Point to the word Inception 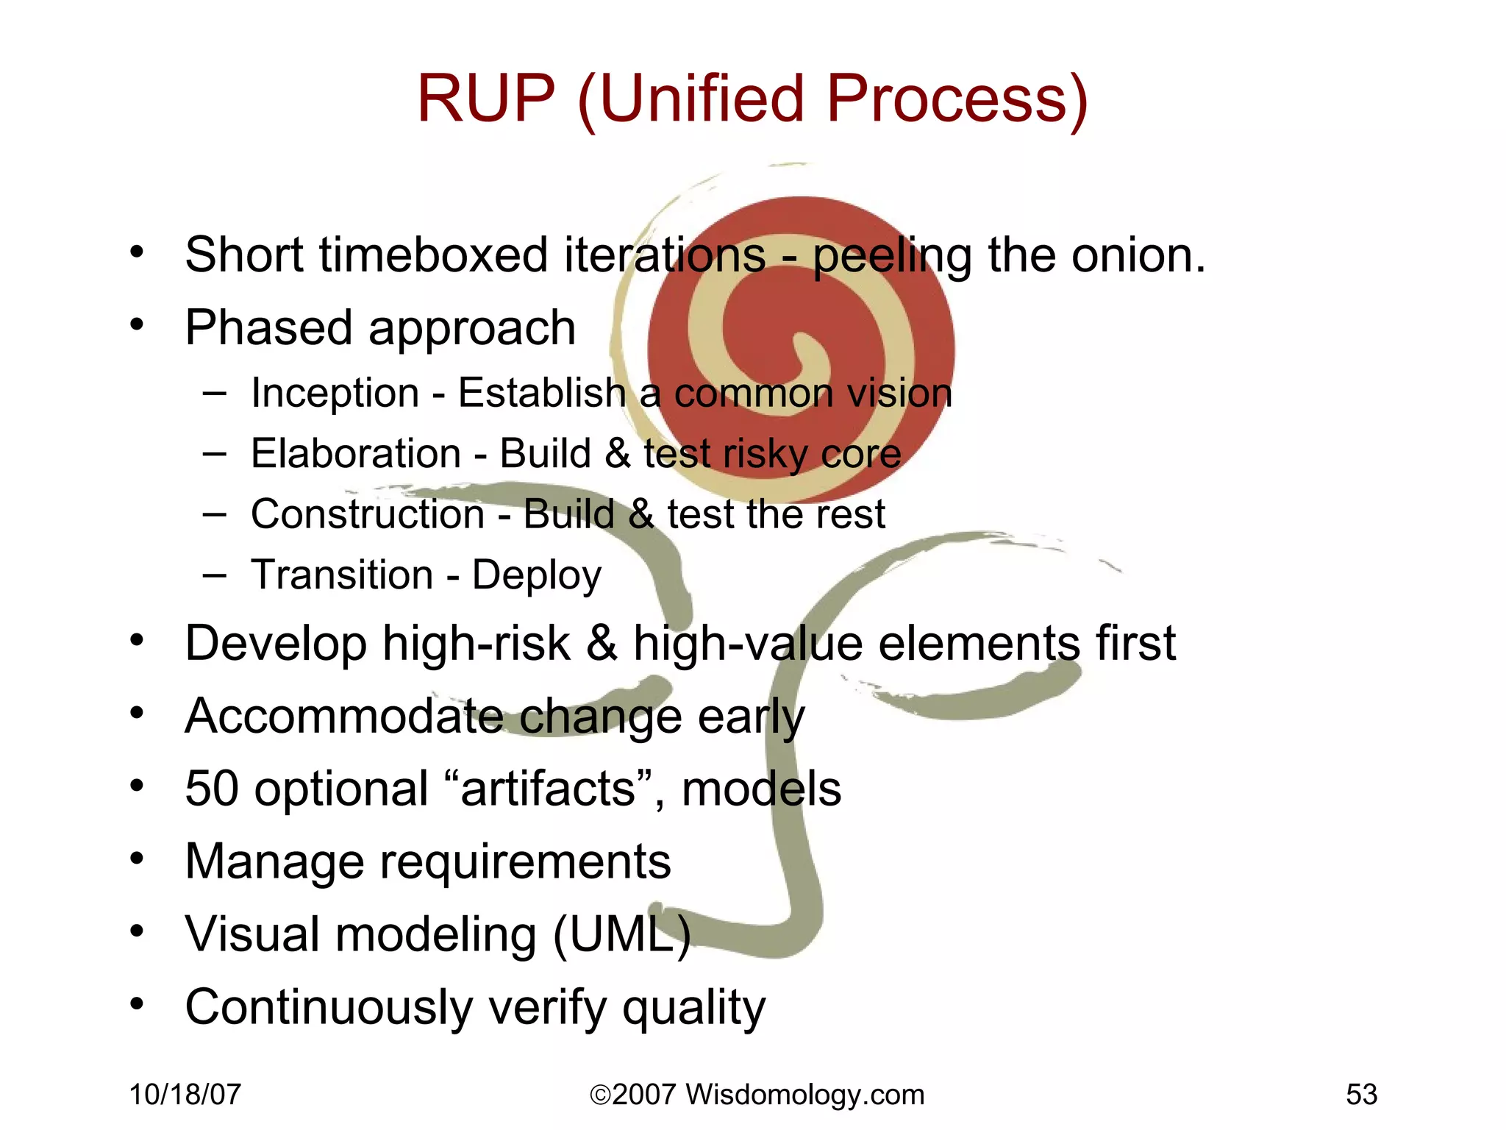(x=335, y=393)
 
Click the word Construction (x=367, y=514)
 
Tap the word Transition (x=342, y=575)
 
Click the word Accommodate (x=343, y=716)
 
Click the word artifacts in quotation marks (x=548, y=789)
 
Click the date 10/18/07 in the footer (x=185, y=1095)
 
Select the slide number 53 (x=1361, y=1095)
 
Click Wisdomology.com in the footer (x=804, y=1095)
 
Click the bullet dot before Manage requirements (x=137, y=859)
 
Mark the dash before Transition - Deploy (x=214, y=575)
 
